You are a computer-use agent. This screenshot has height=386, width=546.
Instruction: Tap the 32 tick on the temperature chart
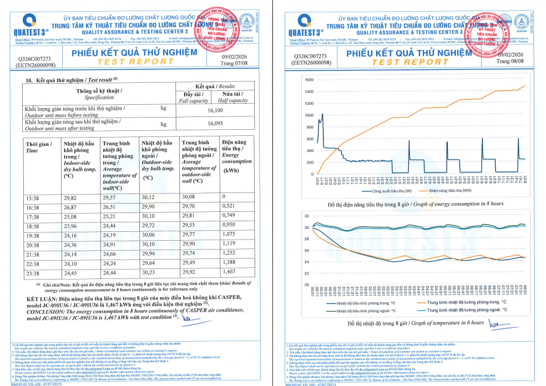(x=306, y=215)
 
